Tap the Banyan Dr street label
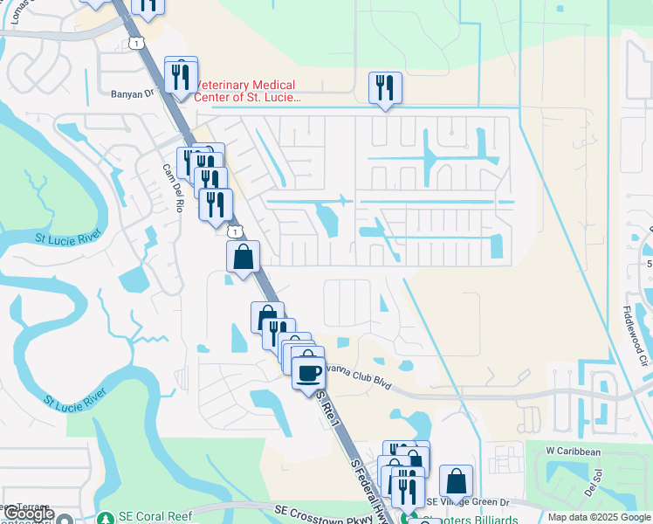[132, 91]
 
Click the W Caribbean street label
[574, 452]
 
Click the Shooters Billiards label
[471, 519]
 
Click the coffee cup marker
[307, 373]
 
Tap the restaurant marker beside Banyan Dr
[181, 77]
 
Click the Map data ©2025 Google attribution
[599, 517]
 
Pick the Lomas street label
[15, 8]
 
